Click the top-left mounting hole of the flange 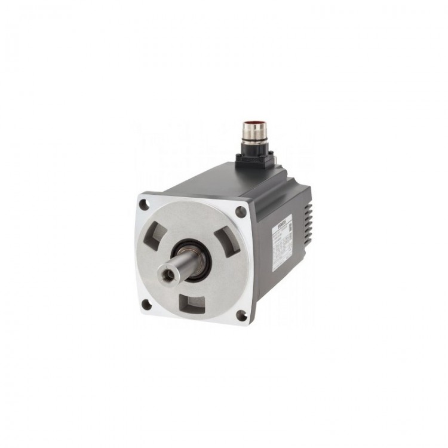(143, 205)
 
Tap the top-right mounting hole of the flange (241, 210)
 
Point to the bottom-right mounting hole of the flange (241, 314)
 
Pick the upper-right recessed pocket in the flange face (225, 241)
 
